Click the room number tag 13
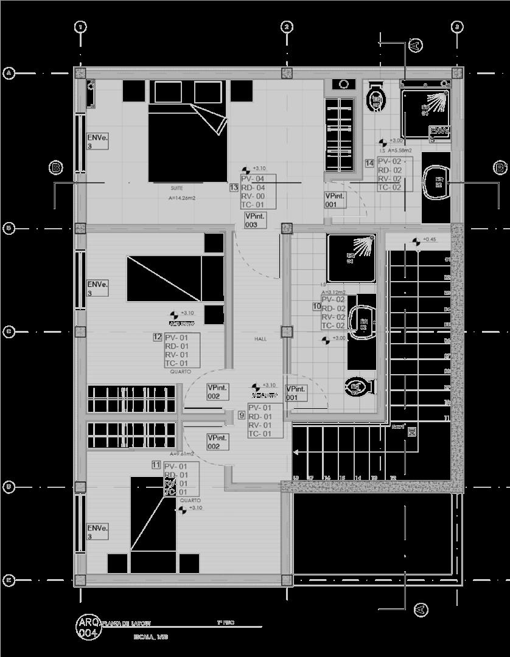point(234,188)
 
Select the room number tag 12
point(158,337)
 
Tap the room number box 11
point(156,465)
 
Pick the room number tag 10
point(316,307)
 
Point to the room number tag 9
point(242,415)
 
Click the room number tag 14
point(369,163)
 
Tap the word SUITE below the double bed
point(176,188)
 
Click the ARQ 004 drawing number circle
point(87,628)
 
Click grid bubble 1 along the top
point(80,27)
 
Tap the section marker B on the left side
point(56,167)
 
